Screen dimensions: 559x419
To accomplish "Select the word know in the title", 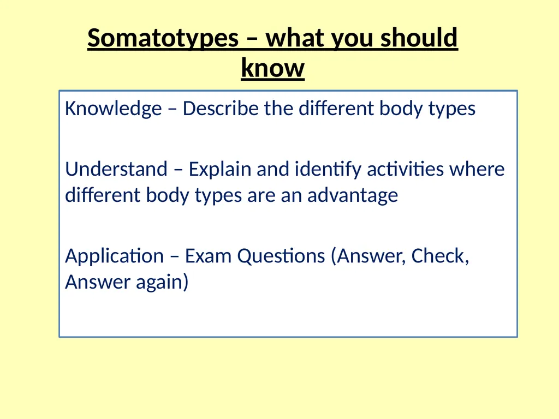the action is click(273, 67).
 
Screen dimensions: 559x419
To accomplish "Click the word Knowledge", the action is click(114, 109).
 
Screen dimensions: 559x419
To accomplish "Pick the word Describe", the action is click(221, 108).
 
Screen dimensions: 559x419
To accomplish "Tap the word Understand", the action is click(116, 169).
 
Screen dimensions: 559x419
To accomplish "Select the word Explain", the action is click(220, 169).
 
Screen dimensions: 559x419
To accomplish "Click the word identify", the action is click(328, 169).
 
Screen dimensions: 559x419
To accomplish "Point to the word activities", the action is click(406, 169).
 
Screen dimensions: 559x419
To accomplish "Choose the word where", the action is click(477, 169).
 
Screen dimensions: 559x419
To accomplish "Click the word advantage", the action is click(353, 196).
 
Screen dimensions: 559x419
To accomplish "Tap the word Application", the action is click(115, 256).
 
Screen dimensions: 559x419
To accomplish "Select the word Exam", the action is click(208, 255).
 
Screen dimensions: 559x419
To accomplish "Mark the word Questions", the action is click(281, 256).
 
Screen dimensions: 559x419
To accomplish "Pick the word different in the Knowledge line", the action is click(336, 108).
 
